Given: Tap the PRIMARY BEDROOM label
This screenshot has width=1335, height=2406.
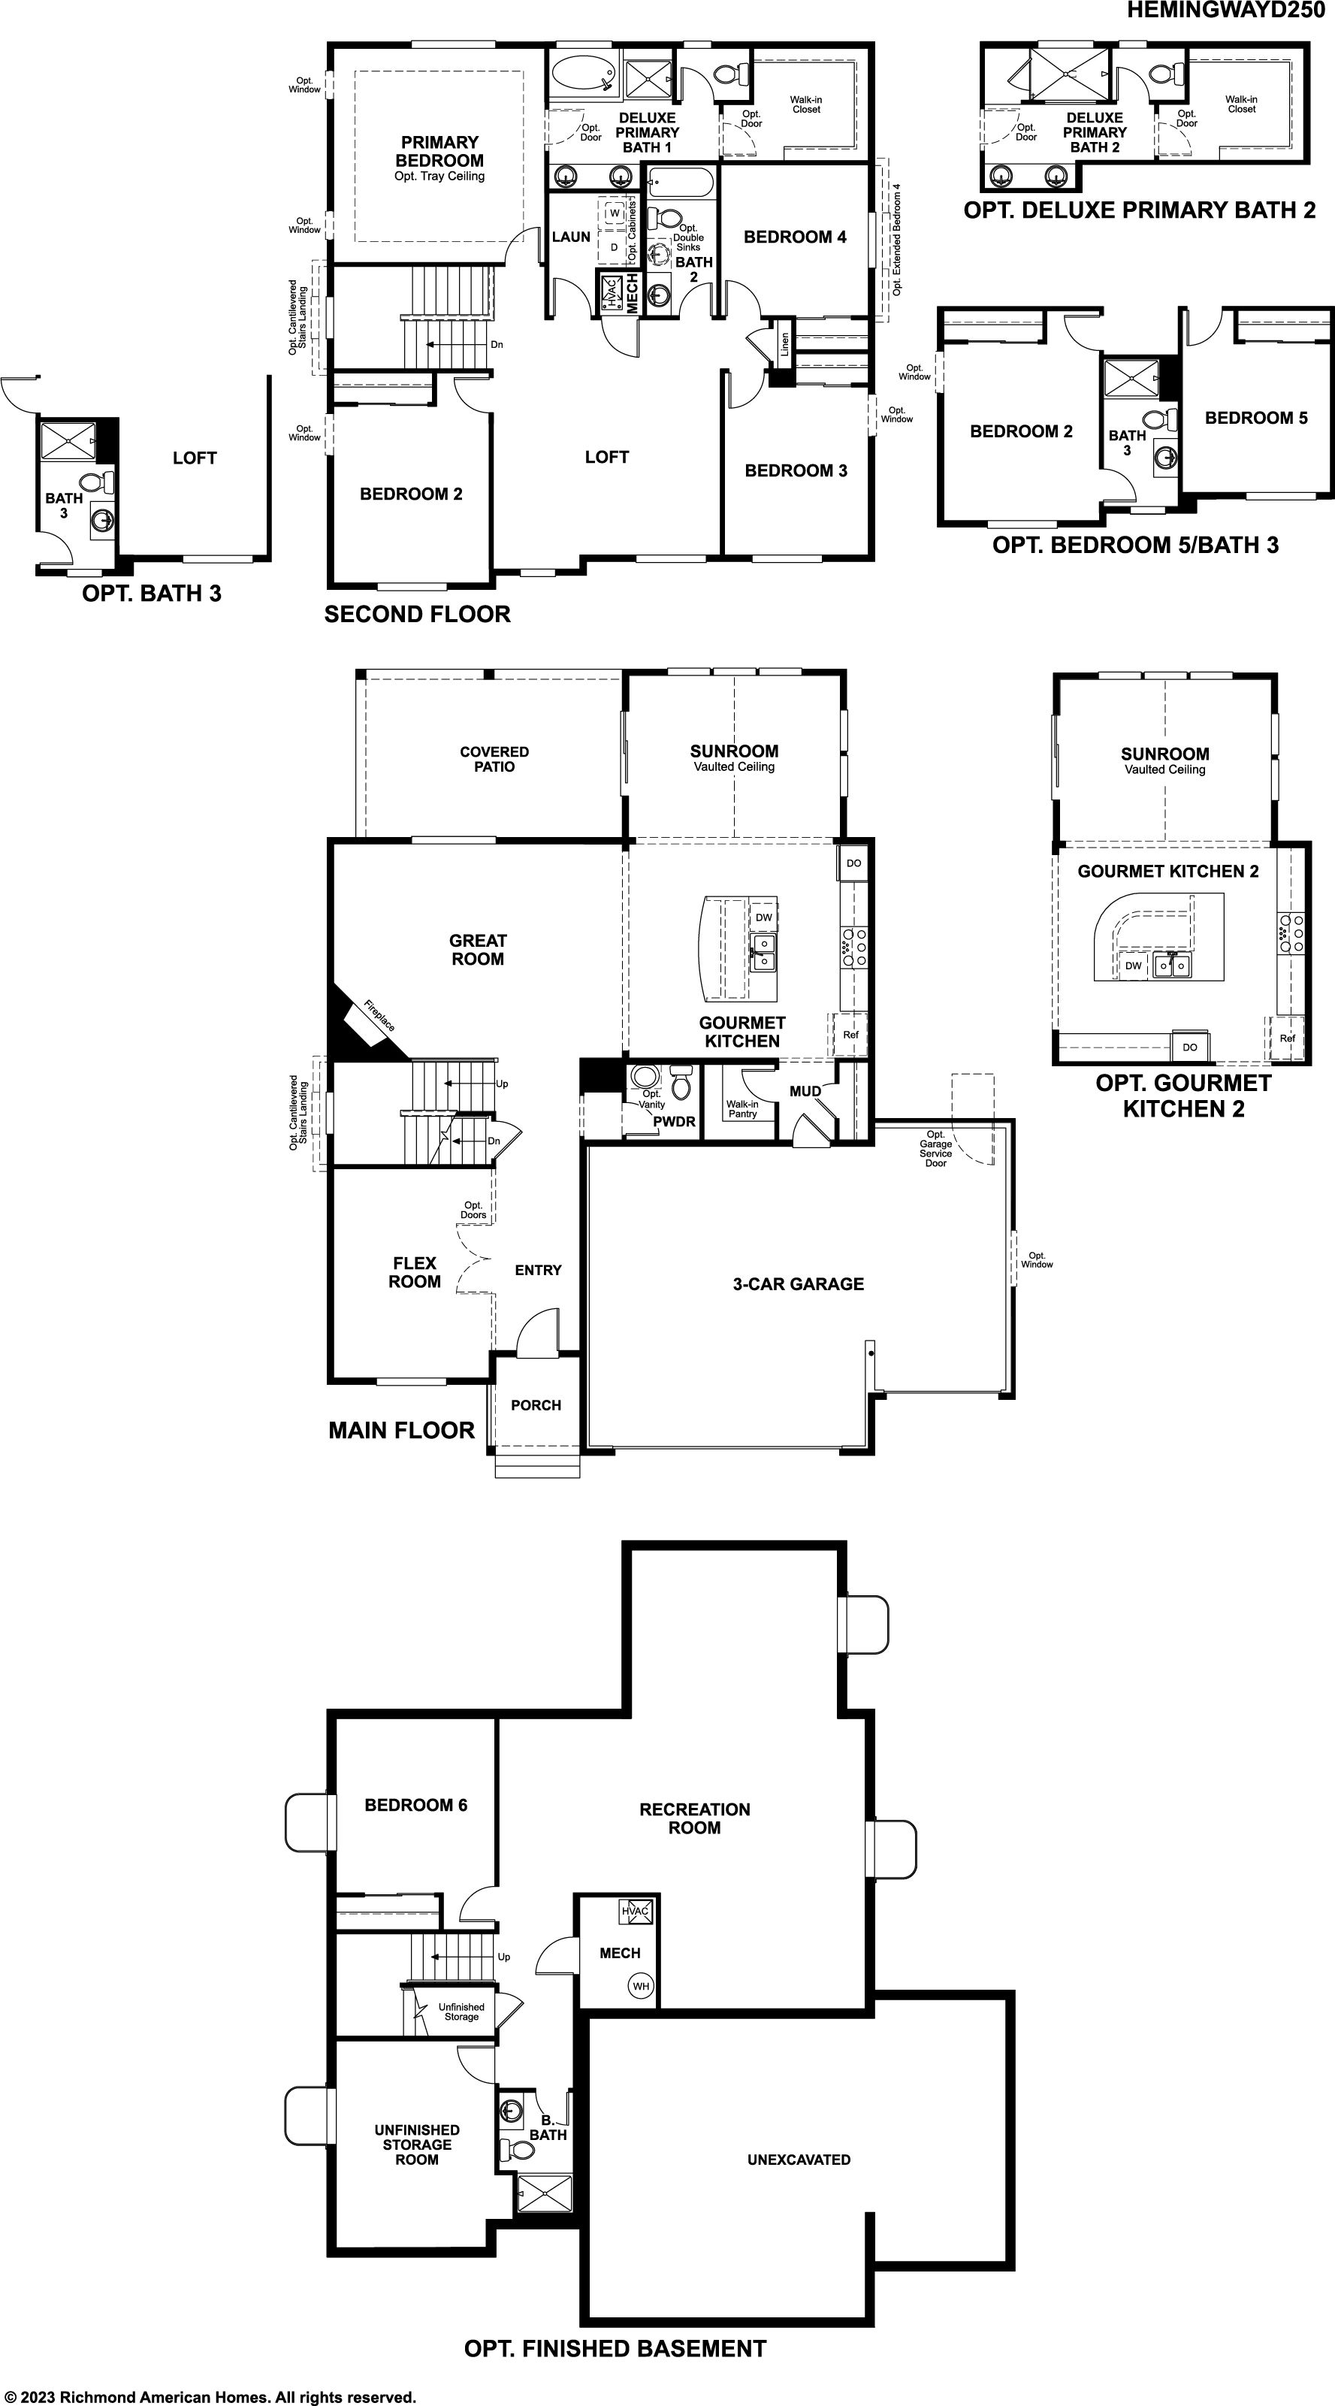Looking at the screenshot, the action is click(439, 151).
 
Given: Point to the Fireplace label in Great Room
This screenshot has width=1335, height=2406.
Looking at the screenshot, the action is click(379, 1016).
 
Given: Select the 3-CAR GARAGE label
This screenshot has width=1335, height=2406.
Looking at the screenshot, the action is click(798, 1284).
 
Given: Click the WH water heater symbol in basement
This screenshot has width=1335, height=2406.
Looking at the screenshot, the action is click(640, 1986).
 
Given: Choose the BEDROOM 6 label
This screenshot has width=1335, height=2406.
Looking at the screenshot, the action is click(415, 1806).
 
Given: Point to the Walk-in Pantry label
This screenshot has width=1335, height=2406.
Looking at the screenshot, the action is click(742, 1108).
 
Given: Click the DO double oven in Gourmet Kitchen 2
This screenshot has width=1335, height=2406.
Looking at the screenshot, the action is click(1189, 1047).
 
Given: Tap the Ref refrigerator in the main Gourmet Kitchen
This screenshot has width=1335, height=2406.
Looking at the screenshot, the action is click(850, 1035).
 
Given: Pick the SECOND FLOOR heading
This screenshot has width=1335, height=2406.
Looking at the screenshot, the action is click(417, 615).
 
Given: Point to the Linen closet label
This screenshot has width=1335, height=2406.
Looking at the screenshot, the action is click(784, 345).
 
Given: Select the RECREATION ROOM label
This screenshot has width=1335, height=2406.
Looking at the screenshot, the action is click(695, 1818).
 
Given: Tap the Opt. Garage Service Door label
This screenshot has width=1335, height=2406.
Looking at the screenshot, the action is click(935, 1149).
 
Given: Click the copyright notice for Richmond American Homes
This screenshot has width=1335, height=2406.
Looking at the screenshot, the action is click(210, 2397).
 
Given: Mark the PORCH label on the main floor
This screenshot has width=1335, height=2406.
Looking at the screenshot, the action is click(536, 1406).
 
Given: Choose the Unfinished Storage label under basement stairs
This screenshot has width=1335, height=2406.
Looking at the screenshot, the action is click(461, 2012).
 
